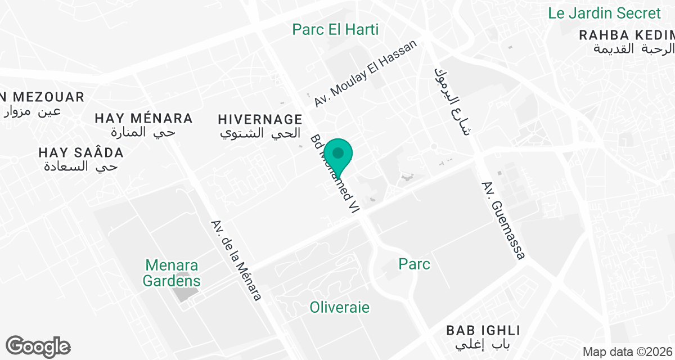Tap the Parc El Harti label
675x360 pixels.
[335, 29]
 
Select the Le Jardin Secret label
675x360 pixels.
[604, 13]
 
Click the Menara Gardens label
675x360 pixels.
[172, 272]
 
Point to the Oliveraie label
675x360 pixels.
[340, 307]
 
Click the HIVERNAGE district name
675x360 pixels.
[260, 119]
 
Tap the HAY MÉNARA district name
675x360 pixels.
[143, 119]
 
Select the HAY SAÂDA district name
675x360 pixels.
[81, 152]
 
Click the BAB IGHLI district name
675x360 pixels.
[483, 330]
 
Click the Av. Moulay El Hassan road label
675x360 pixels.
[367, 74]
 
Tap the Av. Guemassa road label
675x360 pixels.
[503, 220]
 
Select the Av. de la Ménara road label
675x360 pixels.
[236, 260]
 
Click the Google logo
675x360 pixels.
[38, 346]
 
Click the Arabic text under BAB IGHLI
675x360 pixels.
[482, 344]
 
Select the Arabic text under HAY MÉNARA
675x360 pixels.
[143, 133]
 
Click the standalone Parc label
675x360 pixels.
[415, 264]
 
